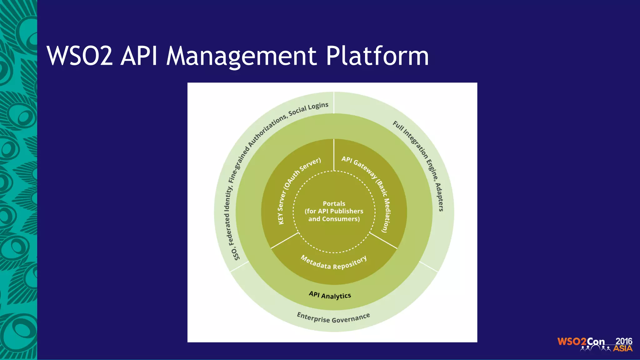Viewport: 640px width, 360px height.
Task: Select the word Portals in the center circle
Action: (334, 203)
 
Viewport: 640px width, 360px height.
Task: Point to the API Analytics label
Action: (330, 295)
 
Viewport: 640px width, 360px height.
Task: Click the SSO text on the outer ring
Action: (237, 254)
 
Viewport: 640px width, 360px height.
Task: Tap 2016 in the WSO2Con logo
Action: (624, 341)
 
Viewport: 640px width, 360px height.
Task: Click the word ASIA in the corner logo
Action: (622, 348)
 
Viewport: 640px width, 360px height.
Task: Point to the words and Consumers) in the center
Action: (334, 219)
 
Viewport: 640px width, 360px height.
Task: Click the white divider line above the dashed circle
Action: (334, 155)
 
